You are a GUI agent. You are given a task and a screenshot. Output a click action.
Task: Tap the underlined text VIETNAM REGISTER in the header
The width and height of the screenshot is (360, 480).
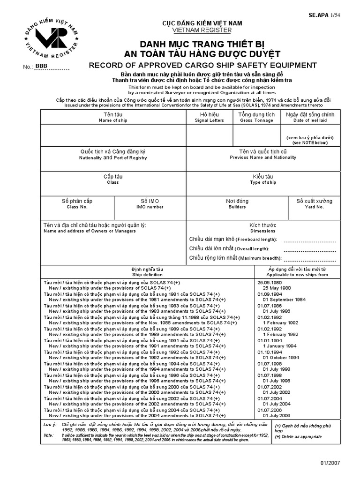pyautogui.click(x=202, y=30)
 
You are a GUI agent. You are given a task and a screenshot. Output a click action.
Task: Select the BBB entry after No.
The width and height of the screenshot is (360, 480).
pyautogui.click(x=42, y=67)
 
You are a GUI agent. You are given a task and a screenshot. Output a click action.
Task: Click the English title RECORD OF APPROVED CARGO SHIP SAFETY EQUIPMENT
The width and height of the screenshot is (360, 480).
pyautogui.click(x=203, y=65)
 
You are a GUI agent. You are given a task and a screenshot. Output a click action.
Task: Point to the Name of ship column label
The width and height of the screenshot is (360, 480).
pyautogui.click(x=112, y=120)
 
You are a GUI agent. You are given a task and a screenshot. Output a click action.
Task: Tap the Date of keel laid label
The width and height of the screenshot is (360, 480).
pyautogui.click(x=310, y=120)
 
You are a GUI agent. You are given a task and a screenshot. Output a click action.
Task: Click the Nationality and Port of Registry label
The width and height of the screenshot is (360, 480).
pyautogui.click(x=112, y=158)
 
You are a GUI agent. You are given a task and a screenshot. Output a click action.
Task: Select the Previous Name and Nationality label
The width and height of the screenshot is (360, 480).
pyautogui.click(x=263, y=158)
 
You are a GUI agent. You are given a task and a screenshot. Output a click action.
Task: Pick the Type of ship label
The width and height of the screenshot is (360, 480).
pyautogui.click(x=263, y=182)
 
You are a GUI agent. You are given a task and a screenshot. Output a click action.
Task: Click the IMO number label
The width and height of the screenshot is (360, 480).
pyautogui.click(x=150, y=207)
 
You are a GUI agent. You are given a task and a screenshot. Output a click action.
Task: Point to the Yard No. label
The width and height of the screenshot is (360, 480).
pyautogui.click(x=314, y=207)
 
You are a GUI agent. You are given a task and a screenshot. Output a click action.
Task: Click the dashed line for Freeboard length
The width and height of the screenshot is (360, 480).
pyautogui.click(x=310, y=241)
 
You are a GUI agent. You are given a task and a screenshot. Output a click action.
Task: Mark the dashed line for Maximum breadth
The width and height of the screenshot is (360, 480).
pyautogui.click(x=310, y=259)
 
